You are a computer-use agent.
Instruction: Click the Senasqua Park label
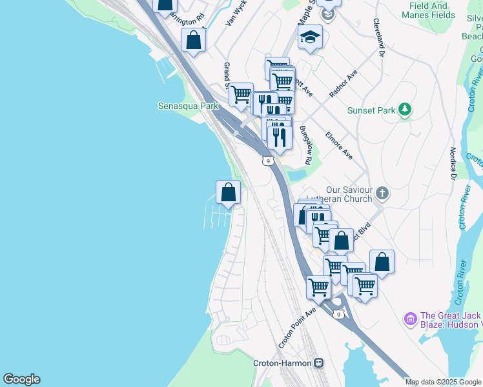[185, 106]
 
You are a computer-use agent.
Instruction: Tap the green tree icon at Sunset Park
[405, 110]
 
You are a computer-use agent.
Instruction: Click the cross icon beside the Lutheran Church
[383, 192]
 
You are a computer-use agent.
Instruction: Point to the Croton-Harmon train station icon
[318, 363]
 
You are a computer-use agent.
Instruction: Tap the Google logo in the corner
[21, 379]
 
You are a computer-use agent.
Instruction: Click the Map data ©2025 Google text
[443, 382]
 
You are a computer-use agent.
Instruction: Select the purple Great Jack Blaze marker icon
[410, 319]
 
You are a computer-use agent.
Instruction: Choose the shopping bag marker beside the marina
[228, 192]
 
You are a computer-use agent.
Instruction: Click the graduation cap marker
[310, 37]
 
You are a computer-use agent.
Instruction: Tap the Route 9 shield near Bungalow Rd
[267, 161]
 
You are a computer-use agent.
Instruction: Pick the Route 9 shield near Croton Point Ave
[339, 314]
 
